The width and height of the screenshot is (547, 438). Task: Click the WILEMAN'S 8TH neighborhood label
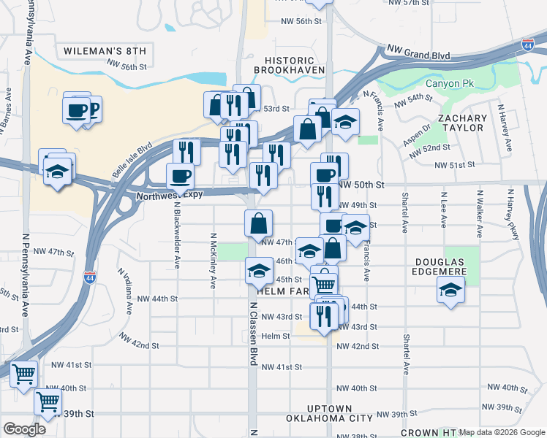(x=105, y=51)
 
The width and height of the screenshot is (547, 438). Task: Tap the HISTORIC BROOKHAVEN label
(x=284, y=65)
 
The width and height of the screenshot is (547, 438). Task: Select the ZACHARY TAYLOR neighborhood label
(x=462, y=123)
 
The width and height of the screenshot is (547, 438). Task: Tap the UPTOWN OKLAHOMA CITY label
(x=331, y=414)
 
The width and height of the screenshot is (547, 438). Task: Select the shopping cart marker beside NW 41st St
(x=23, y=374)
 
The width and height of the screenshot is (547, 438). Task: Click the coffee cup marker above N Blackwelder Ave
(x=180, y=176)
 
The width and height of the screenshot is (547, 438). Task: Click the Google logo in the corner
(x=24, y=429)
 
